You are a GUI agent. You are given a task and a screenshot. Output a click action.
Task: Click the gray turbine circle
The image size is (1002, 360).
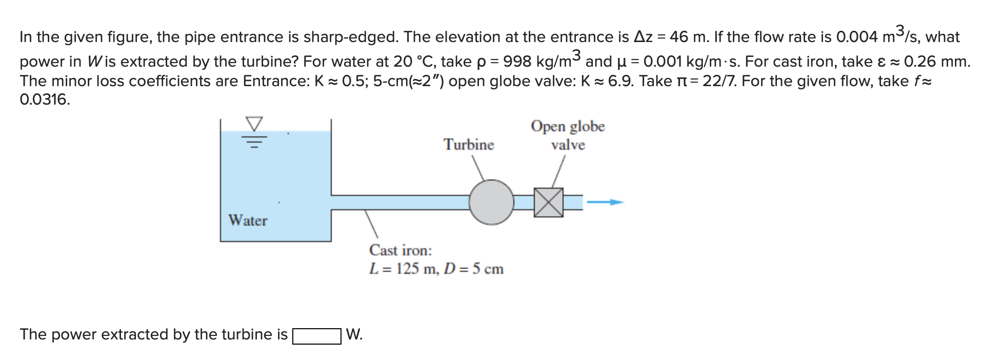(x=491, y=202)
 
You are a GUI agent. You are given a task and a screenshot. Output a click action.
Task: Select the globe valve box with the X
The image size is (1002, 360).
(x=548, y=202)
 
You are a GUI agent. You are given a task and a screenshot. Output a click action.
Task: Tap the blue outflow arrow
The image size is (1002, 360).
(x=606, y=203)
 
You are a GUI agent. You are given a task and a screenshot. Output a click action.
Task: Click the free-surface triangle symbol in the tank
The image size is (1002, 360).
(x=254, y=124)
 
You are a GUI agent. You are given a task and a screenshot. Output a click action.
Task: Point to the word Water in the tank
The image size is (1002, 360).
(x=248, y=221)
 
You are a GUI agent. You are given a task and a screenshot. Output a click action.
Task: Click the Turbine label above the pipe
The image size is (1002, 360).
(x=469, y=145)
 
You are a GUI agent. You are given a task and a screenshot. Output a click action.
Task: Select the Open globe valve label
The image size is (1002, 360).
(x=568, y=135)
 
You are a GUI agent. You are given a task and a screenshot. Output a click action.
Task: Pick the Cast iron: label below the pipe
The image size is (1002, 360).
(x=400, y=250)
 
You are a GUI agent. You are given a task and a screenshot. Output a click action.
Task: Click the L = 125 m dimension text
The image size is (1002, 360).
(x=403, y=269)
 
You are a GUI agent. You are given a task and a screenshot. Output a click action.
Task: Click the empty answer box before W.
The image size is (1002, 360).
(x=316, y=336)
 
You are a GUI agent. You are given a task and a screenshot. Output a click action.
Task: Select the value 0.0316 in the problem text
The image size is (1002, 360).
(x=44, y=99)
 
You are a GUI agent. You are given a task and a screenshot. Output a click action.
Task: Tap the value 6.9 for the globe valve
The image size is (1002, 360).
(x=619, y=81)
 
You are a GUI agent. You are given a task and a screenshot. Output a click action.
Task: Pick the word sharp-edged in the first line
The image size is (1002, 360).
(x=350, y=37)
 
